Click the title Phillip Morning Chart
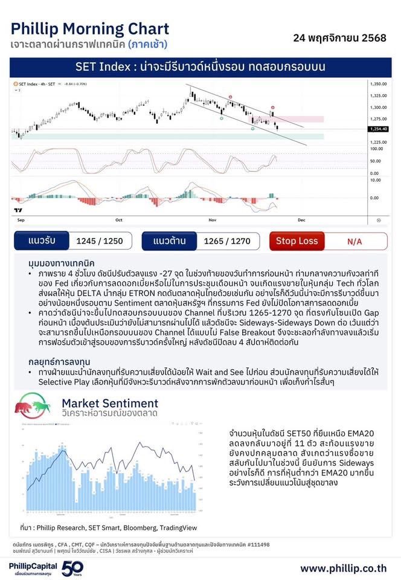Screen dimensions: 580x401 coord(89,28)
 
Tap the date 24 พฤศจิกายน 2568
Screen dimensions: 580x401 coord(339,38)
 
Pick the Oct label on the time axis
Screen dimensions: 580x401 coord(119,220)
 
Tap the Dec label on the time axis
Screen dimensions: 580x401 coord(301,220)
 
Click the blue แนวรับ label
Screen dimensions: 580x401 coord(42,241)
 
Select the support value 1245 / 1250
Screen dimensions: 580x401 coord(100,241)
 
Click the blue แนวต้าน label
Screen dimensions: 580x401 coord(169,241)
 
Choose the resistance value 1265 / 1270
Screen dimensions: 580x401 coord(227,241)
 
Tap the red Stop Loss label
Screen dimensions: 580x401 coord(297,241)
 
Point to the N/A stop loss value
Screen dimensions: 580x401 coord(354,242)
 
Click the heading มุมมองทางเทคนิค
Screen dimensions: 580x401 coord(61,264)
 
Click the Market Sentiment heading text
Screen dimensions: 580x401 coord(110,403)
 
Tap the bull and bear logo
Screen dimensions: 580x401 coord(33,405)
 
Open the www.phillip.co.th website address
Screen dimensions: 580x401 coord(343,569)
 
